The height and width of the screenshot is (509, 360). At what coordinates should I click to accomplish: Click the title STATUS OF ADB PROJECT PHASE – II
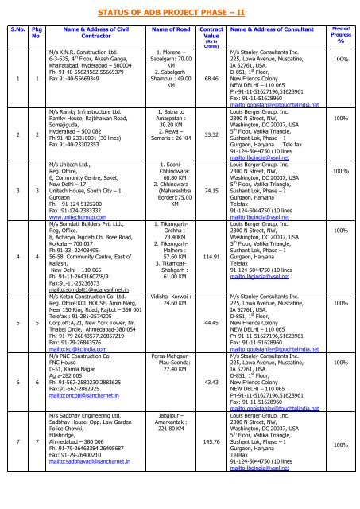pyautogui.click(x=179, y=11)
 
